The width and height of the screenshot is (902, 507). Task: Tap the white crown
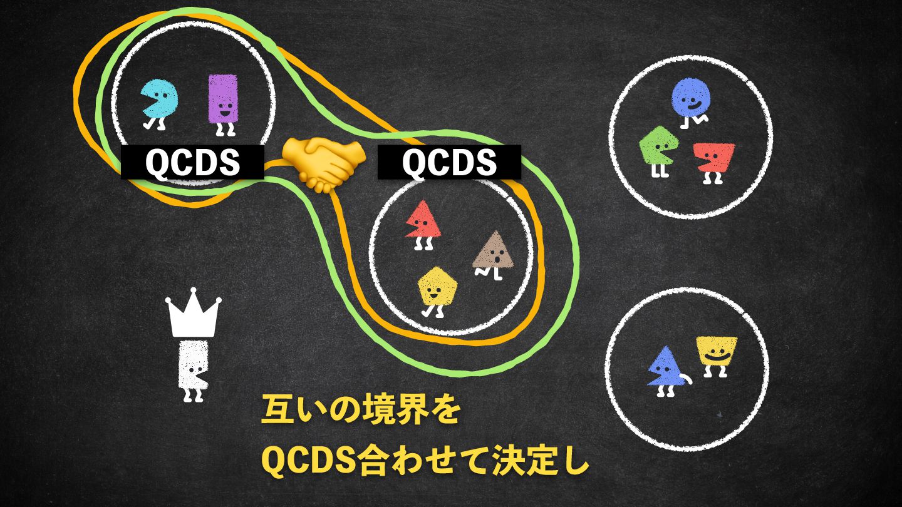(193, 313)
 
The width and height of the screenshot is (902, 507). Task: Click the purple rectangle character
(222, 99)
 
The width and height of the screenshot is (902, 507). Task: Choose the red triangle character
(423, 220)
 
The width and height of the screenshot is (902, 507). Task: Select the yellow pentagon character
(437, 287)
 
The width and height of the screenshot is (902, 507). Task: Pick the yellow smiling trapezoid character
(716, 352)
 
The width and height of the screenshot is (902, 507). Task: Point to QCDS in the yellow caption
(308, 462)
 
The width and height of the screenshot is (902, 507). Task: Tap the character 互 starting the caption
(276, 412)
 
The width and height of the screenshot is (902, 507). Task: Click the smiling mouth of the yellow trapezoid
(716, 357)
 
